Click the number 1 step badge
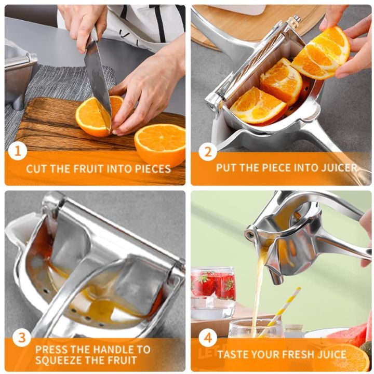[x=18, y=152]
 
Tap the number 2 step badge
[x=207, y=152]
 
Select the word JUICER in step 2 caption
[x=339, y=168]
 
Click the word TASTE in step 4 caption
[x=234, y=355]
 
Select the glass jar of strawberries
[x=213, y=291]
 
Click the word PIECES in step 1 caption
[x=150, y=168]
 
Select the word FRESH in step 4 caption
[x=294, y=355]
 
